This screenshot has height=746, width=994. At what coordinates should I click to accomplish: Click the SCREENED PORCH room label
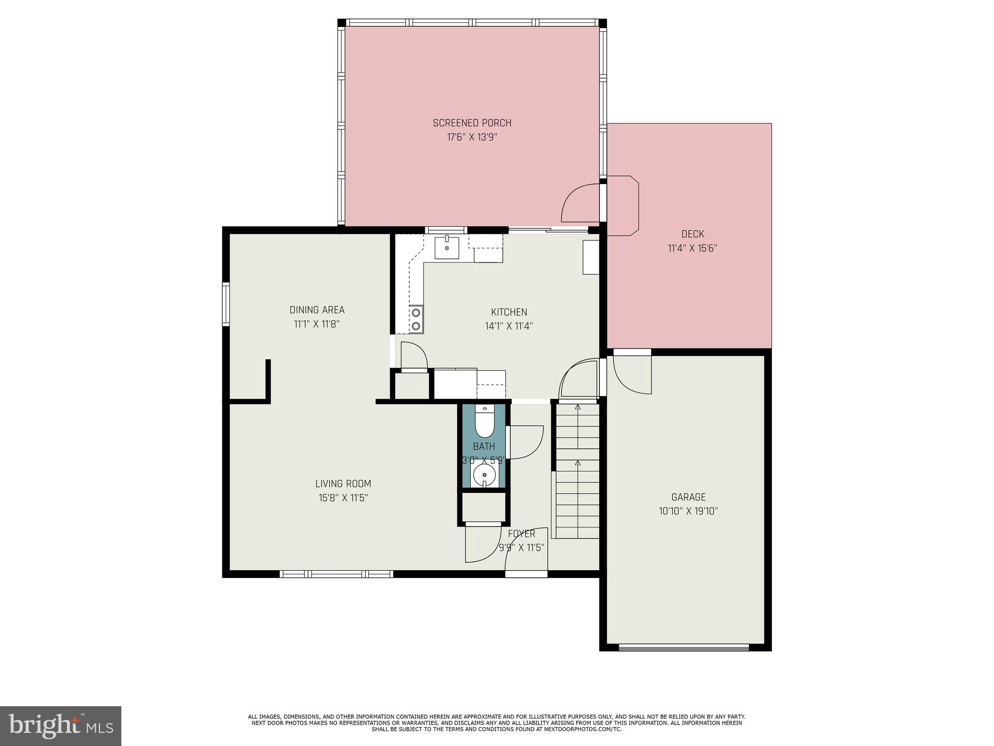472,123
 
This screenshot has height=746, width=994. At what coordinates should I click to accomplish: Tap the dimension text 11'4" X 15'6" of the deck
693,248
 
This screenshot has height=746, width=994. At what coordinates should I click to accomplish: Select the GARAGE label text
688,497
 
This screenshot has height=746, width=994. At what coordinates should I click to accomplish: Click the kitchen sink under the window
447,247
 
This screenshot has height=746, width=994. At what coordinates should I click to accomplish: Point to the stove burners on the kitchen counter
416,319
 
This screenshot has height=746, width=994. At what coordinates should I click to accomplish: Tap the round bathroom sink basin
484,475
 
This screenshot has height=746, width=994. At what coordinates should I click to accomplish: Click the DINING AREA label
317,310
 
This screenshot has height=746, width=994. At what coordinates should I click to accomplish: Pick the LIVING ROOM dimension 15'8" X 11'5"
343,498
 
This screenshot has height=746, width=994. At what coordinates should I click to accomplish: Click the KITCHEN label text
509,312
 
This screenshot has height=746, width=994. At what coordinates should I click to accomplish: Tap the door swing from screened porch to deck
580,203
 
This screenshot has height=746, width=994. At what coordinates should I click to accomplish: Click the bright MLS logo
61,726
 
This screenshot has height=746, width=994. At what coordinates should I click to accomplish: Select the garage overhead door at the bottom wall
684,647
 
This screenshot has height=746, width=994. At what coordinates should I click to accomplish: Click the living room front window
336,574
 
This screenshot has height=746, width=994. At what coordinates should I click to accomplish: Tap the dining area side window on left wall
226,304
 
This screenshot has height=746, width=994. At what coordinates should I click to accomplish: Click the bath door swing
525,442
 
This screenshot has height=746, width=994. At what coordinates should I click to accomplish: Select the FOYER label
521,534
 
